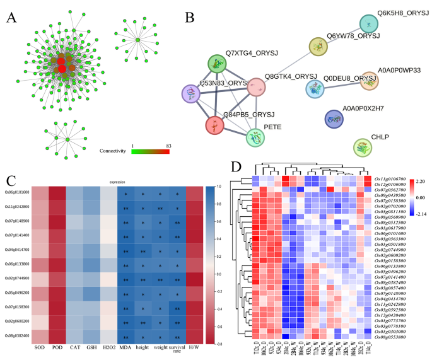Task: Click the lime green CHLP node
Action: [x=363, y=148]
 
